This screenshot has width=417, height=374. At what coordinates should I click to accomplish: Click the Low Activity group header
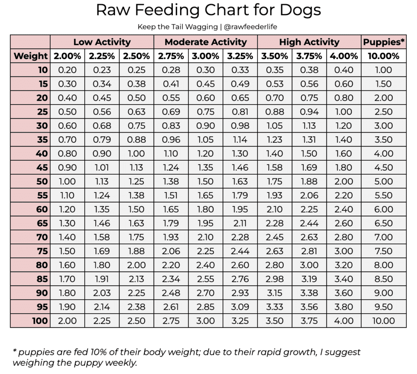(102, 42)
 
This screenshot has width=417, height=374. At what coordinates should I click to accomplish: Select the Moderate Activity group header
(206, 42)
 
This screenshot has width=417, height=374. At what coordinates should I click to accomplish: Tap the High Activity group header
(309, 42)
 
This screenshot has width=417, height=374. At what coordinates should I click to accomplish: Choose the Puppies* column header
(384, 42)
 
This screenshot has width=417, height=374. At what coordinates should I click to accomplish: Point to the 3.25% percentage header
(240, 56)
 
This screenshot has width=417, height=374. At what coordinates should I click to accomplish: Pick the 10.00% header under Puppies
(384, 56)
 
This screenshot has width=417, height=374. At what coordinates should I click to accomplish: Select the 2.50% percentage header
(136, 56)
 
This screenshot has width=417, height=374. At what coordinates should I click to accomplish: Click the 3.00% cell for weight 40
(206, 154)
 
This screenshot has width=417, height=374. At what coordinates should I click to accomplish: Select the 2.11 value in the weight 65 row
(240, 224)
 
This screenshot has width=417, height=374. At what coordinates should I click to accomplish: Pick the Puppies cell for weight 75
(384, 251)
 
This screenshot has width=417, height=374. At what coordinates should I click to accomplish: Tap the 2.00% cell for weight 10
(67, 70)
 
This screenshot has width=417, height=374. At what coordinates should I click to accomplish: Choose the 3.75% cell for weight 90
(309, 293)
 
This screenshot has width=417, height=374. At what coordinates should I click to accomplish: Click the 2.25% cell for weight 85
(102, 279)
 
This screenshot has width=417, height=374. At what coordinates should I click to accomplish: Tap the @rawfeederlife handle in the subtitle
(251, 27)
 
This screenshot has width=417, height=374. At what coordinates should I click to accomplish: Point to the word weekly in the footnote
(122, 363)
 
